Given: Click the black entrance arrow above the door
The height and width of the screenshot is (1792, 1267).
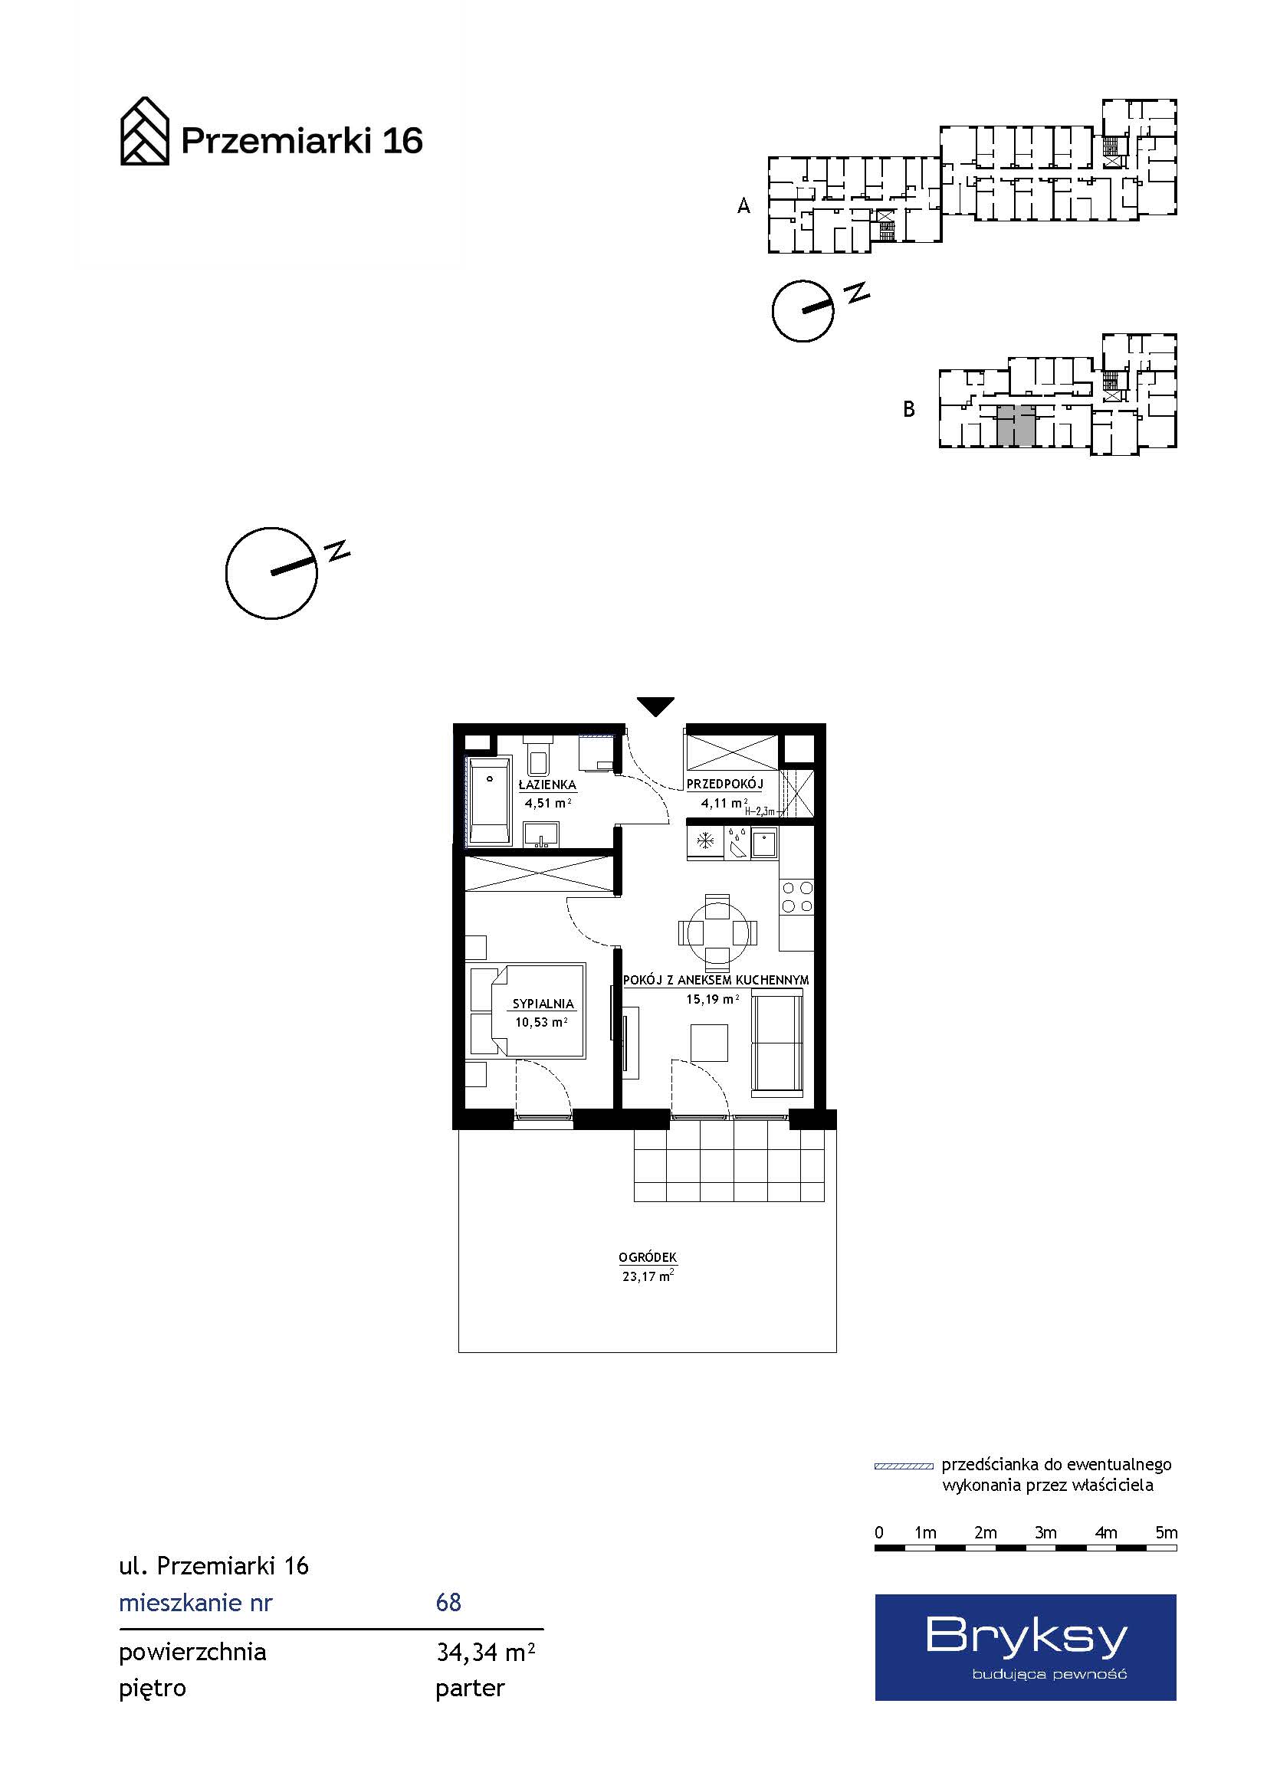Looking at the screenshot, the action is click(655, 706).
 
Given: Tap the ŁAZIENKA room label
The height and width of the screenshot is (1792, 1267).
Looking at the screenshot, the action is click(547, 785).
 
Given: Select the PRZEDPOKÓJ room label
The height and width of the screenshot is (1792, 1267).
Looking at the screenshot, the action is click(724, 784).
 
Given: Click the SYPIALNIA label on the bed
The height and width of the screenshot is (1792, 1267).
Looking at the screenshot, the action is click(543, 1004).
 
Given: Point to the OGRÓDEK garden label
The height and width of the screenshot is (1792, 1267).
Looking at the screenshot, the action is click(647, 1257).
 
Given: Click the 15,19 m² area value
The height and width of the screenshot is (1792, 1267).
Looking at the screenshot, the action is click(713, 999).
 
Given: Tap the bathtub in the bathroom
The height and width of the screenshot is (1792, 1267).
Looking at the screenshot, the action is click(489, 800).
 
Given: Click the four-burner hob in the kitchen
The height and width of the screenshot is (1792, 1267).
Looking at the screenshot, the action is click(796, 897).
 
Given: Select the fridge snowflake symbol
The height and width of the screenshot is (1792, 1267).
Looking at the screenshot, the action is click(706, 840).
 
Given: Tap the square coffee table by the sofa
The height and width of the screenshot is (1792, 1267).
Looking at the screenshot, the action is click(709, 1043).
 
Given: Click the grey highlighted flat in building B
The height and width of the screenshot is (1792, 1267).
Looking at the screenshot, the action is click(1016, 425).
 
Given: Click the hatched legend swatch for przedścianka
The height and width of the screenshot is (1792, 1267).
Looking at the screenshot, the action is click(903, 1466).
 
